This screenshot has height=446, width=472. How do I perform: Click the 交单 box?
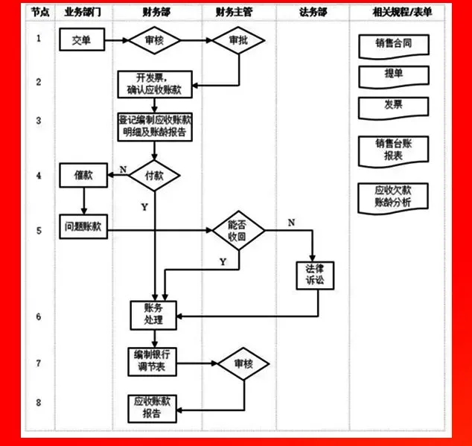[x=81, y=40]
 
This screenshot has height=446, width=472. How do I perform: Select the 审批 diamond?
[x=238, y=41]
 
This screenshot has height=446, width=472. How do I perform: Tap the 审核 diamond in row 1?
[x=154, y=41]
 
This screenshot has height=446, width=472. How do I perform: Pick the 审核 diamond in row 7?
[x=243, y=365]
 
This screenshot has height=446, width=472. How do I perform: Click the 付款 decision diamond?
[x=154, y=176]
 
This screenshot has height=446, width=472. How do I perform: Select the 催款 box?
[x=83, y=176]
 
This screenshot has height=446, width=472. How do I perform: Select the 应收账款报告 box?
[x=153, y=407]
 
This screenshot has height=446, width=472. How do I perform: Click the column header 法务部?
[x=313, y=13]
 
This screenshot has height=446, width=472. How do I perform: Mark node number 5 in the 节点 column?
[x=39, y=231]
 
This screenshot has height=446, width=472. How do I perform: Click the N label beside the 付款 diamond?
[x=123, y=169]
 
